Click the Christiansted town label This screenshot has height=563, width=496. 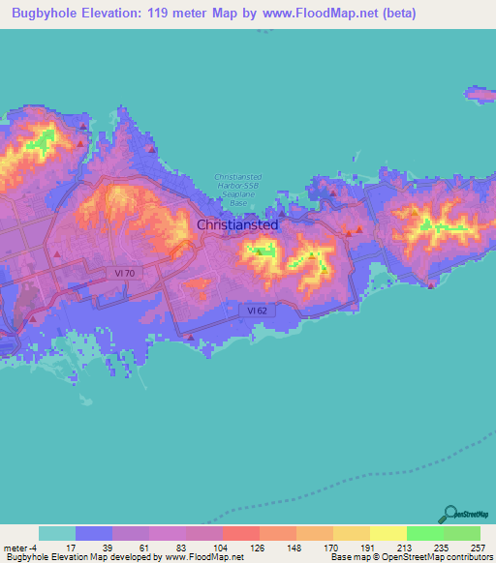[237, 224]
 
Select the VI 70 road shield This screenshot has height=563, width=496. [134, 274]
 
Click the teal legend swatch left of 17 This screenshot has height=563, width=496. [57, 533]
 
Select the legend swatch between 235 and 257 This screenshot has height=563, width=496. [462, 533]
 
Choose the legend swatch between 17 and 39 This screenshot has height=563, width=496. [94, 533]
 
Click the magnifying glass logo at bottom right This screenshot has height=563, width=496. [451, 514]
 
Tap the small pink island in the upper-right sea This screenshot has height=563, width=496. [480, 95]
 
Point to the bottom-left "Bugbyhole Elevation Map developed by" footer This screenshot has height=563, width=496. [82, 557]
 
